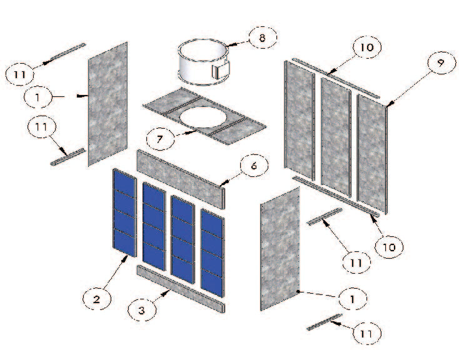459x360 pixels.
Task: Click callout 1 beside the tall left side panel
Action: pyautogui.click(x=39, y=97)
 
